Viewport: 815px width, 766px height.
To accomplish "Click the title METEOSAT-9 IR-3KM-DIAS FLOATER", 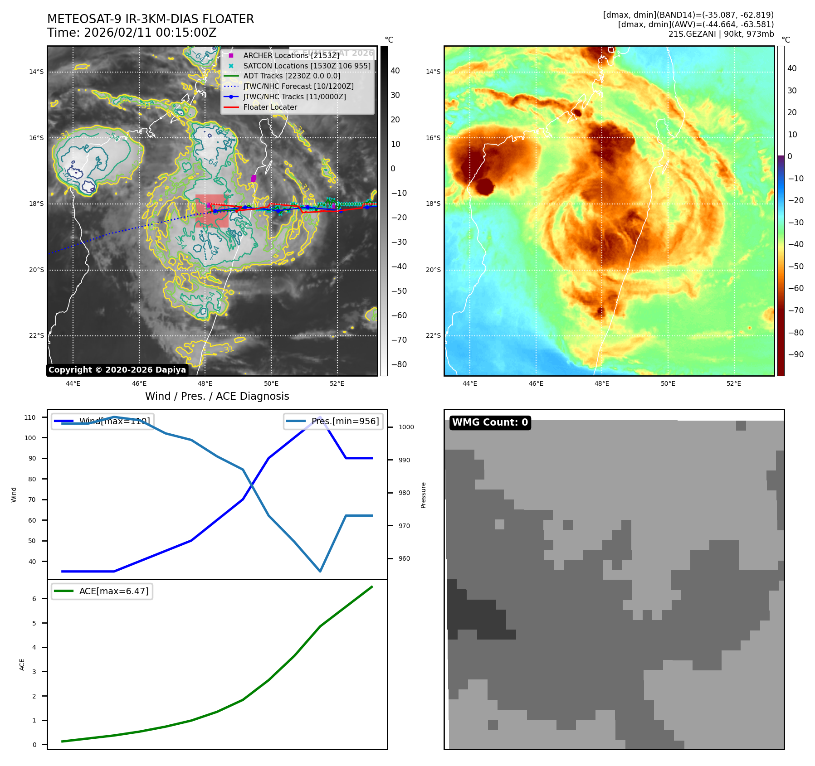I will [151, 19].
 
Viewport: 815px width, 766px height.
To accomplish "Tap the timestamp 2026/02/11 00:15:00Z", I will [150, 33].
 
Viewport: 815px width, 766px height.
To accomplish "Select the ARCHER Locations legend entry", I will [291, 55].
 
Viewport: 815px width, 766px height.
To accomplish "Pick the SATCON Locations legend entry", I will [307, 66].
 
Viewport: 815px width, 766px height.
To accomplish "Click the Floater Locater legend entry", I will [270, 107].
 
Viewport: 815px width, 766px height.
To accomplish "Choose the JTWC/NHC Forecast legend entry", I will [298, 86].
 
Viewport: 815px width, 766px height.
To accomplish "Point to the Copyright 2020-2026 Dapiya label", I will [117, 370].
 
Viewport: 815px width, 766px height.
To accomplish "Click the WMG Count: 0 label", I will [490, 422].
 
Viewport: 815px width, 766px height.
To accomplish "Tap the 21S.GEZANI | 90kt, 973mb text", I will [721, 34].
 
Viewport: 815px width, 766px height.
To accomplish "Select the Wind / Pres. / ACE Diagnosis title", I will [217, 396].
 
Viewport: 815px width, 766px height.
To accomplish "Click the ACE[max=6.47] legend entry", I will [113, 591].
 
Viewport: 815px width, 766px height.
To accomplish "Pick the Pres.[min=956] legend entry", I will [345, 421].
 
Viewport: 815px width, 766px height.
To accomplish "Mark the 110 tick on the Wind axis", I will [30, 417].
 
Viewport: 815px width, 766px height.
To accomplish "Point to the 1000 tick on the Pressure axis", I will [406, 427].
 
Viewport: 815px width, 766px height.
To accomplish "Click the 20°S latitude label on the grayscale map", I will [37, 270].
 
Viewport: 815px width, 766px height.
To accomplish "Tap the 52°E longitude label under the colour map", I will [734, 383].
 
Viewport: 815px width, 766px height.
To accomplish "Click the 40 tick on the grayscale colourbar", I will [395, 71].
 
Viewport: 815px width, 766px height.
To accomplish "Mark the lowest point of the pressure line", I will [320, 571].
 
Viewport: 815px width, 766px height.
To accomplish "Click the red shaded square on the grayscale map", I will [212, 211].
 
